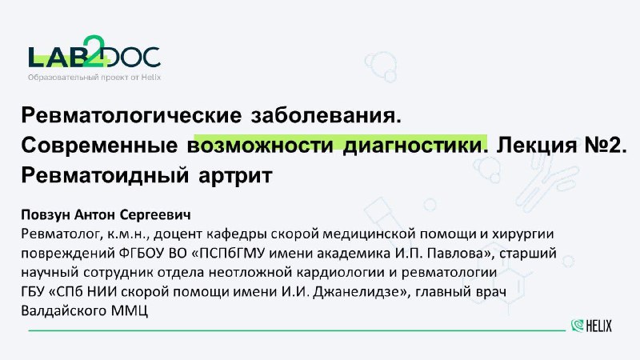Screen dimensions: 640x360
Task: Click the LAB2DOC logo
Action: tap(94, 51)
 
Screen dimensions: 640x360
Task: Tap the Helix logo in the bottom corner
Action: tap(591, 326)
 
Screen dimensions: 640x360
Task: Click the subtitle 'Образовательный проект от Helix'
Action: tap(94, 77)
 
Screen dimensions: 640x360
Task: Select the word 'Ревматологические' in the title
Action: tap(131, 115)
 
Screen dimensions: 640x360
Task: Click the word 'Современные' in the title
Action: tap(99, 146)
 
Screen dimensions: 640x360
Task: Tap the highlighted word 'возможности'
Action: tap(261, 146)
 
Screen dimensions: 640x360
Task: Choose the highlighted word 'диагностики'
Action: tap(412, 146)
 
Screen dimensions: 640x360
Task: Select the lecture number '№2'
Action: tap(602, 146)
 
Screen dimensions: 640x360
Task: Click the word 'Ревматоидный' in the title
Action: tap(106, 176)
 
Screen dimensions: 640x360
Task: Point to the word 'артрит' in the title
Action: tap(235, 177)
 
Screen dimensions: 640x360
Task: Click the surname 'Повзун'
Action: tap(46, 214)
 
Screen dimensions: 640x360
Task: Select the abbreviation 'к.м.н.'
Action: tap(130, 234)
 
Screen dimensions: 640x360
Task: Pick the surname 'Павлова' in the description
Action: tap(458, 254)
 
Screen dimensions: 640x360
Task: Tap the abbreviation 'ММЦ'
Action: tap(129, 311)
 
